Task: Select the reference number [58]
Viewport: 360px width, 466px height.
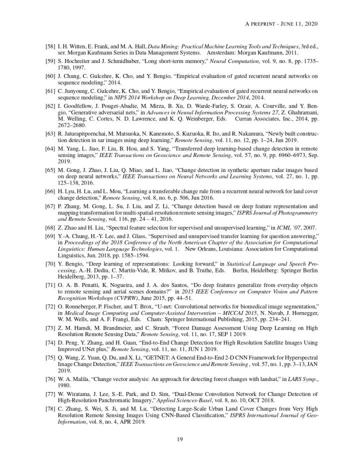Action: (x=50, y=46)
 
